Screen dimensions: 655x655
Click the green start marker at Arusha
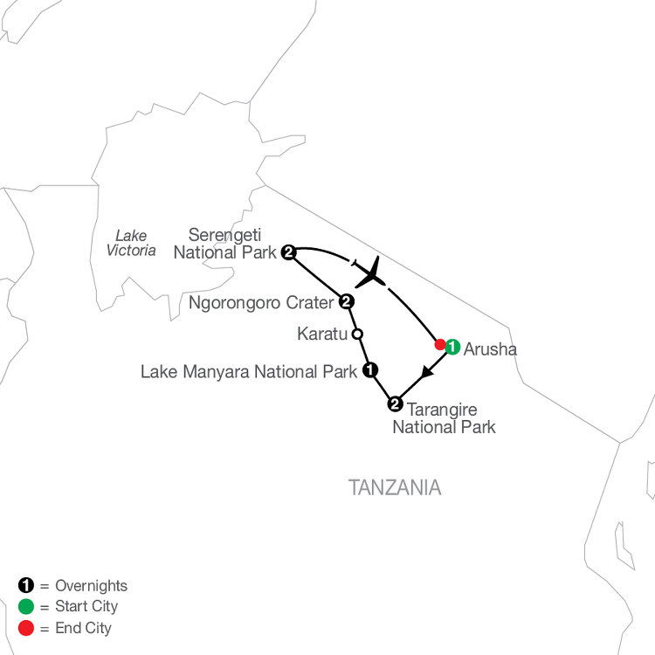(452, 347)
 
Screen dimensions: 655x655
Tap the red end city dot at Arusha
(440, 345)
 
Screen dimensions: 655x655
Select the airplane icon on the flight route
(370, 272)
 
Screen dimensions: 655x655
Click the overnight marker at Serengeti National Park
(289, 252)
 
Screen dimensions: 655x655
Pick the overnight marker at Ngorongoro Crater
(347, 301)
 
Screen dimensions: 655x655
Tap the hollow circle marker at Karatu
(357, 334)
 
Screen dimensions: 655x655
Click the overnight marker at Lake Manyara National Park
(370, 369)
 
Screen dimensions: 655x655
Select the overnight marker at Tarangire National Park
(395, 404)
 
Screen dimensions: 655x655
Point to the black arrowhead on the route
(426, 372)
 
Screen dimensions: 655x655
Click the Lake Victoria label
(131, 243)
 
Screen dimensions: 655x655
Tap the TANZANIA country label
(395, 487)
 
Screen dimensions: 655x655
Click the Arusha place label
(490, 349)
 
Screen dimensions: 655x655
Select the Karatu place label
(322, 334)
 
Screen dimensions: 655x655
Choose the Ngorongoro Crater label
(261, 303)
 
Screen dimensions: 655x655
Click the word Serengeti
(224, 235)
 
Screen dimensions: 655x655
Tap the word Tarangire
(443, 410)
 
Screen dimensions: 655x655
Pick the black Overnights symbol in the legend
(25, 585)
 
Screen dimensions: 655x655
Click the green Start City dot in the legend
(25, 607)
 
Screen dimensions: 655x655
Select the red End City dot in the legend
(25, 628)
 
